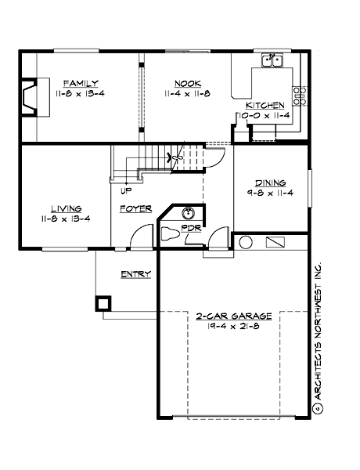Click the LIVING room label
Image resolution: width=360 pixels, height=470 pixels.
[67, 208]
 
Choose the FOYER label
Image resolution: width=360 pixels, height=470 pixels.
[135, 209]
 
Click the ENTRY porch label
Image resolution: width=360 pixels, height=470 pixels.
[135, 274]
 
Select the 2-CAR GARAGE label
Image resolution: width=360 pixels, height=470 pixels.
[234, 316]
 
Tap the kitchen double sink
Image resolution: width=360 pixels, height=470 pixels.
[272, 60]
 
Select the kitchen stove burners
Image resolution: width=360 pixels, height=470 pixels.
[297, 96]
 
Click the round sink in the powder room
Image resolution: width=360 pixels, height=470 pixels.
[188, 213]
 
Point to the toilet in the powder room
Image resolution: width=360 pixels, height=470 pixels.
[170, 232]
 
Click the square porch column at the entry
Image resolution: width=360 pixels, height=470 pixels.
[103, 302]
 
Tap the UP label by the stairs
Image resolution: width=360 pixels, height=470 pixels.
[124, 189]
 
